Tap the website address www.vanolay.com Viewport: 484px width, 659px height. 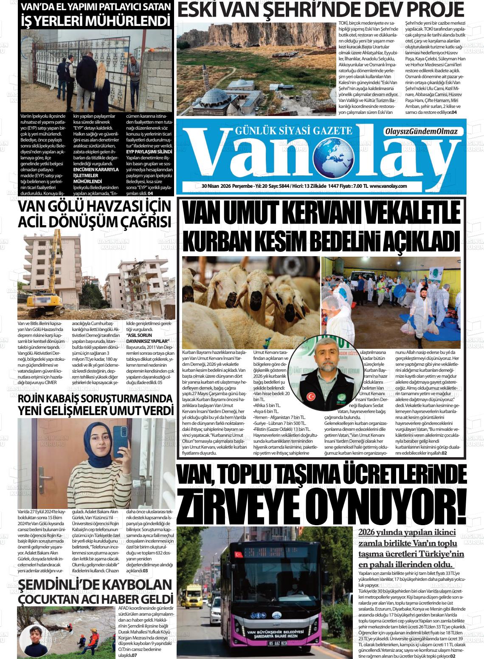click(388, 186)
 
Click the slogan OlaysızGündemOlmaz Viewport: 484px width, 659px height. click(420, 132)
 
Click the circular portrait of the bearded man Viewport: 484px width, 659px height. click(328, 376)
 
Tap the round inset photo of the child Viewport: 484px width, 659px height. click(35, 639)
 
